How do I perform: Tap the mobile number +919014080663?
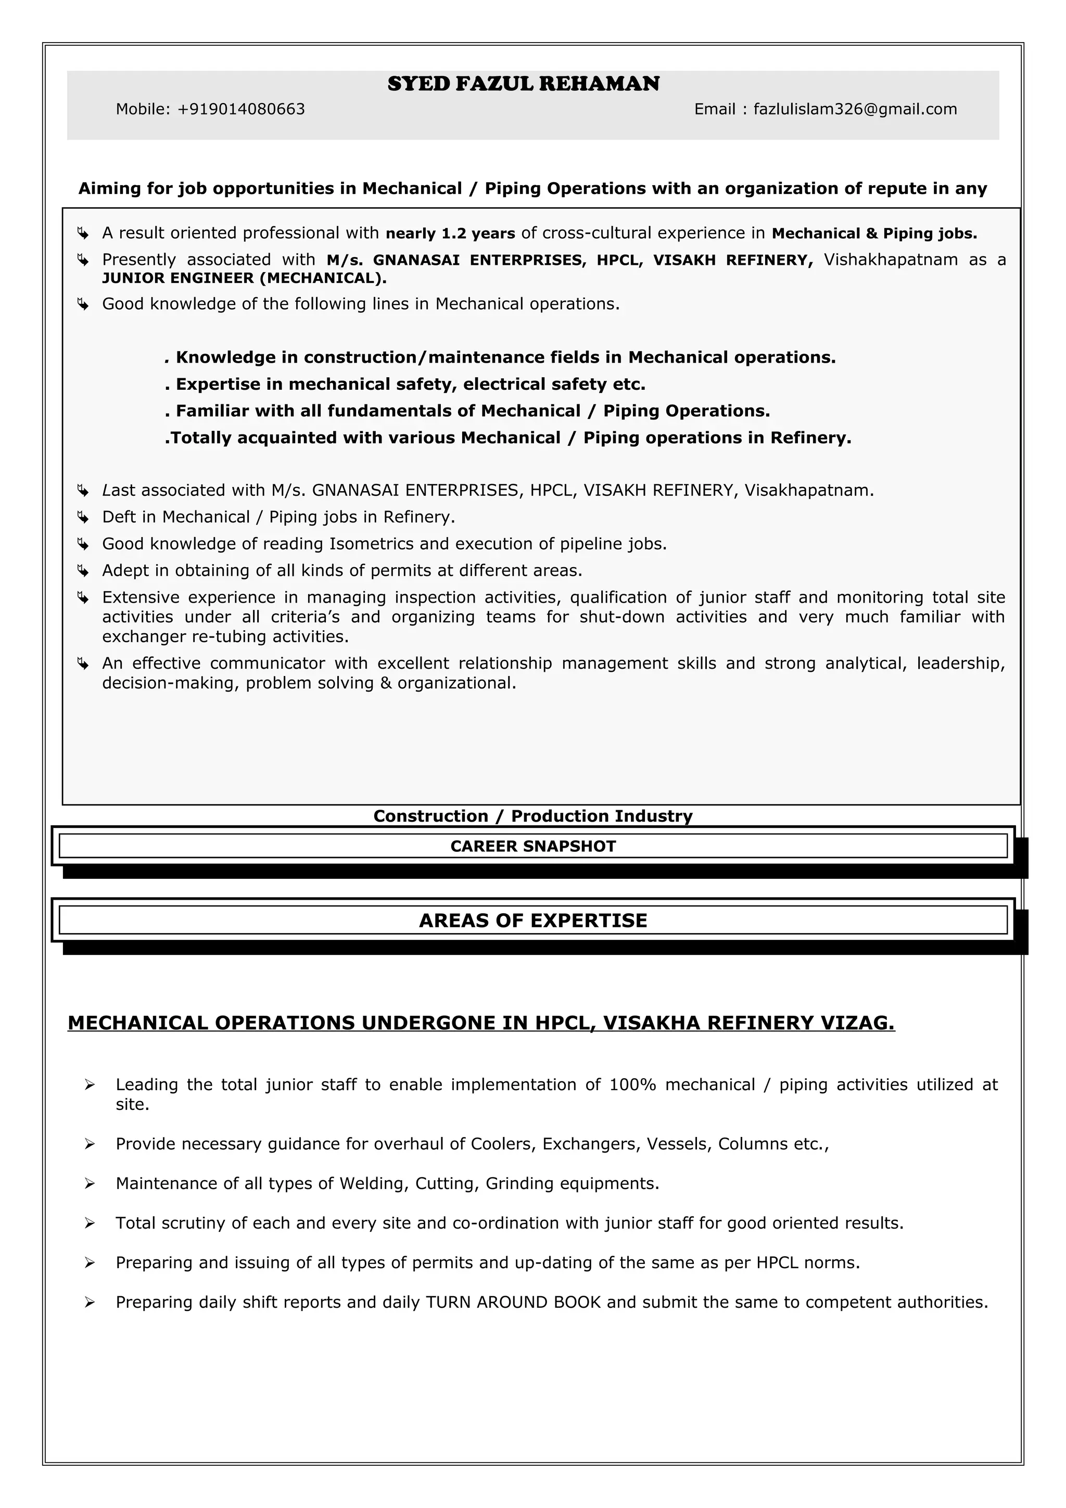(241, 109)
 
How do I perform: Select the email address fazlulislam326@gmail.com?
(855, 109)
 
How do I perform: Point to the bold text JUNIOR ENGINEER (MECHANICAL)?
(244, 278)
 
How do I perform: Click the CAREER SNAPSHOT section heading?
(532, 846)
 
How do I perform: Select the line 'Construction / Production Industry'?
(532, 816)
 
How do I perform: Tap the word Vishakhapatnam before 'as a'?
(891, 260)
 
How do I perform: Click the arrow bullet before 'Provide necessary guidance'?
(90, 1144)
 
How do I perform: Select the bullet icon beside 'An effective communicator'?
(83, 664)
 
